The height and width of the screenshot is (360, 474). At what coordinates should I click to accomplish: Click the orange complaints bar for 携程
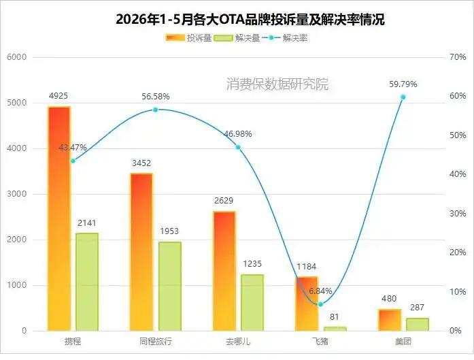pos(59,218)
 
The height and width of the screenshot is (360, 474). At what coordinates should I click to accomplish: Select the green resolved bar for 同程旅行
pos(170,287)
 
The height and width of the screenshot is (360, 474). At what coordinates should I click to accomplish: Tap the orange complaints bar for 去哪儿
pos(224,271)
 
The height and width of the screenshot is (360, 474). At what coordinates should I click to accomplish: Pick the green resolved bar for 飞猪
pos(335,329)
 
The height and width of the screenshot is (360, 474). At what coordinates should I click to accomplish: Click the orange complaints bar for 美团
pos(390,320)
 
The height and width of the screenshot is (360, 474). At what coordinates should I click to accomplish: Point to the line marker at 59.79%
pos(403,97)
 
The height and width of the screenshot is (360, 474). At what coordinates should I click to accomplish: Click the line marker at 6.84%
pos(321,304)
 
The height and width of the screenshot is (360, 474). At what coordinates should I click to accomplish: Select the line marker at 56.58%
pos(155,110)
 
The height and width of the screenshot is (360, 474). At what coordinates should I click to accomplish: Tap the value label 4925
pos(58,96)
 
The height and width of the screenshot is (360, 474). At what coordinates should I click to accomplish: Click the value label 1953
pos(169,231)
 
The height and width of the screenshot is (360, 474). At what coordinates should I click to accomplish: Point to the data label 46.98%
pos(238,133)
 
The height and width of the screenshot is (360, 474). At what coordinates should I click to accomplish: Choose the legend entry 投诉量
pos(188,38)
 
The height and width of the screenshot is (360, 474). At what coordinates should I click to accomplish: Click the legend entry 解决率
pos(285,38)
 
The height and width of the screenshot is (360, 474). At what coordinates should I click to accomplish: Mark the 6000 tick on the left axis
pos(16,57)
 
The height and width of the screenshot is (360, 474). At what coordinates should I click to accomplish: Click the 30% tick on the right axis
pos(458,214)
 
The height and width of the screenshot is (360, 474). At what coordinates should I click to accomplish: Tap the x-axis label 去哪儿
pos(238,342)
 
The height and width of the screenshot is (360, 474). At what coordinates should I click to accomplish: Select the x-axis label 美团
pos(403,342)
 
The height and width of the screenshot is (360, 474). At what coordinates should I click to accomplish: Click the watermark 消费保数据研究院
pos(277,84)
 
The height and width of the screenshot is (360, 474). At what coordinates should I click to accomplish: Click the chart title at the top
pos(250,19)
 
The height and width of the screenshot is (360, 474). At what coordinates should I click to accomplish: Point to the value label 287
pos(417,308)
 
